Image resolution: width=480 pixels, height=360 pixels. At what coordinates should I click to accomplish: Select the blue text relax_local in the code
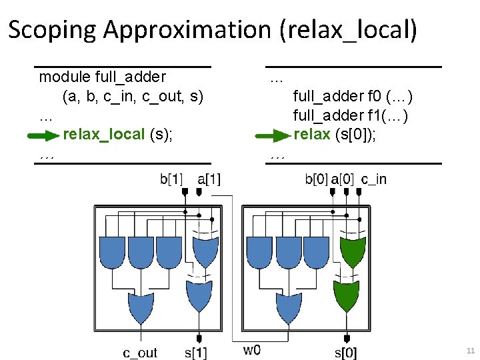[x=103, y=135]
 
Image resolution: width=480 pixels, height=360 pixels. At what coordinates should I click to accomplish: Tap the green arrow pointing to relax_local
[x=43, y=136]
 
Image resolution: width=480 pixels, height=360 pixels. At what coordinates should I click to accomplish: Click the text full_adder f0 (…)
[x=353, y=97]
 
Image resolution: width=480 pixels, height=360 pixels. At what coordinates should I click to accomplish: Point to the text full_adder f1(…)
[x=351, y=116]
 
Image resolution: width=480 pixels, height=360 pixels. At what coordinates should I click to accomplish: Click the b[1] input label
[x=171, y=179]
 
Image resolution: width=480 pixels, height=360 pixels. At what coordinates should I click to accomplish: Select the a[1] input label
[x=209, y=179]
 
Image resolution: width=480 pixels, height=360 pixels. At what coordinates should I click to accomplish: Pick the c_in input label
[x=373, y=179]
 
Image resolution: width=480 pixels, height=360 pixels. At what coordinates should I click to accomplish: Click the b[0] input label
[x=316, y=179]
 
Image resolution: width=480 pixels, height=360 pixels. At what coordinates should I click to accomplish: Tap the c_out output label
[x=140, y=352]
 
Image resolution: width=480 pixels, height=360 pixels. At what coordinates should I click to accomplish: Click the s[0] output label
[x=345, y=352]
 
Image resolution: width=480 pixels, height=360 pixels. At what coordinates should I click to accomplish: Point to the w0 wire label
[x=251, y=350]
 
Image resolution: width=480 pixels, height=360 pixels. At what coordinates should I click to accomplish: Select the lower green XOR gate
[x=346, y=297]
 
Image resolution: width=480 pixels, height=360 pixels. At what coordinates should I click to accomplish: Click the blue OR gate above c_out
[x=141, y=307]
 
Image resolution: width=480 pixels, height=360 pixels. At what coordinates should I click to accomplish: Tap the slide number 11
[x=471, y=351]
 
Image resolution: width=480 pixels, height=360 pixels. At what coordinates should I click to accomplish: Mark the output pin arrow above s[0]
[x=346, y=338]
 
